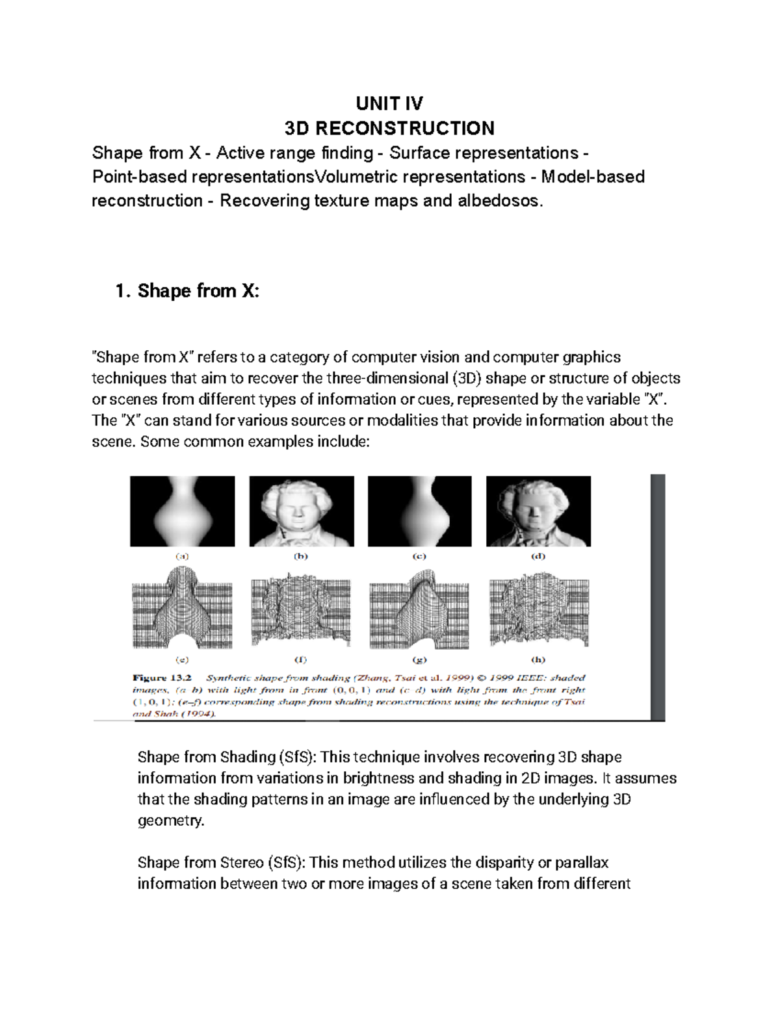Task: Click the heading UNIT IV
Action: (x=389, y=103)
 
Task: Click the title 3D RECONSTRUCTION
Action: (x=389, y=128)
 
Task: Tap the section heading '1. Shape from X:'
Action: (x=187, y=290)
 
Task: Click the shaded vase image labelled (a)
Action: (x=183, y=511)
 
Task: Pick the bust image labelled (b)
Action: (x=302, y=511)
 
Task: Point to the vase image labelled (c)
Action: (x=420, y=511)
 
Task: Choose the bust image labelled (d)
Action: (x=538, y=511)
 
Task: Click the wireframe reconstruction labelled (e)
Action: (x=183, y=607)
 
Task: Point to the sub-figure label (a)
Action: (x=182, y=556)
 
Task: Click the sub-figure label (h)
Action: (x=538, y=659)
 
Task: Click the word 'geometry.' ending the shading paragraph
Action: (x=171, y=821)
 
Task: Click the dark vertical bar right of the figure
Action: (x=658, y=596)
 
